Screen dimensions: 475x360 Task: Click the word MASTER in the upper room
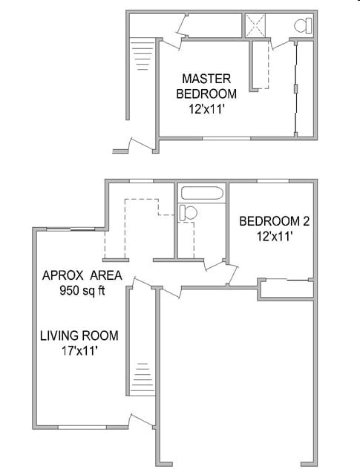point(206,79)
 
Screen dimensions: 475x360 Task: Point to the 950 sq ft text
point(82,290)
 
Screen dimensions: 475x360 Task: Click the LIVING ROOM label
point(79,336)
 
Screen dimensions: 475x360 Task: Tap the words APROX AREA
point(82,276)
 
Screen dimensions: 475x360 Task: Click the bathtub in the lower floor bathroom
point(202,194)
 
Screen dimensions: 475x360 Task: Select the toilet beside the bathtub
point(187,213)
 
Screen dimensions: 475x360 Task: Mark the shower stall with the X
point(257,26)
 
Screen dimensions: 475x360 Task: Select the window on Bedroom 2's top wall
point(272,180)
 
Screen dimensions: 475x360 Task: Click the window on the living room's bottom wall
point(82,427)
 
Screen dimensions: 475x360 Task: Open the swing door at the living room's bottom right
point(141,421)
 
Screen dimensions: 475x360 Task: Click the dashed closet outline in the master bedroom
point(259,65)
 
